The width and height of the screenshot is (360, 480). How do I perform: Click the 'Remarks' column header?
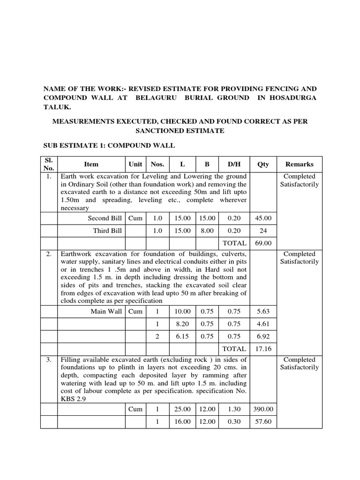tap(300, 165)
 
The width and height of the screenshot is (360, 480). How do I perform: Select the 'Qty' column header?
tap(263, 165)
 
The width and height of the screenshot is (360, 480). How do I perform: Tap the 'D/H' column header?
tap(234, 165)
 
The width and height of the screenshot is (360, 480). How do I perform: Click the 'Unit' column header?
tap(135, 165)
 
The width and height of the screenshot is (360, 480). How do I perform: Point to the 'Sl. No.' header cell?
tap(49, 164)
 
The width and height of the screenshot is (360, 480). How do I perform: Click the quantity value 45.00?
tap(263, 218)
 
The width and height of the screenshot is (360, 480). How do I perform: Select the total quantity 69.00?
tap(263, 243)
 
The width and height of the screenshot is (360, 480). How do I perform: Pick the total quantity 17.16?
tap(263, 349)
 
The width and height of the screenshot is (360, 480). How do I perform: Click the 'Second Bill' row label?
tap(105, 218)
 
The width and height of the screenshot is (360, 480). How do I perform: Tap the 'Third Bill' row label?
tap(107, 231)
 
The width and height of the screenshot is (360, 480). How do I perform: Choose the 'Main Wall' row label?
tap(106, 311)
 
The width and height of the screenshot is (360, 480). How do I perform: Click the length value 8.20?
tap(182, 323)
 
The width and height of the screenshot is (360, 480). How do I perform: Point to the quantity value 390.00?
tap(263, 409)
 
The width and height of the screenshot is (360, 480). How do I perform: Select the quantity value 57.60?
tap(263, 421)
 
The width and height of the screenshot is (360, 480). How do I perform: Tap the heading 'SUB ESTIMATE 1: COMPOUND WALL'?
tap(109, 146)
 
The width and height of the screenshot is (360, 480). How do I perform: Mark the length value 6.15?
tap(182, 336)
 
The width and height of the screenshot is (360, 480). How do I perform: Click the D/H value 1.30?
tap(234, 409)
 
